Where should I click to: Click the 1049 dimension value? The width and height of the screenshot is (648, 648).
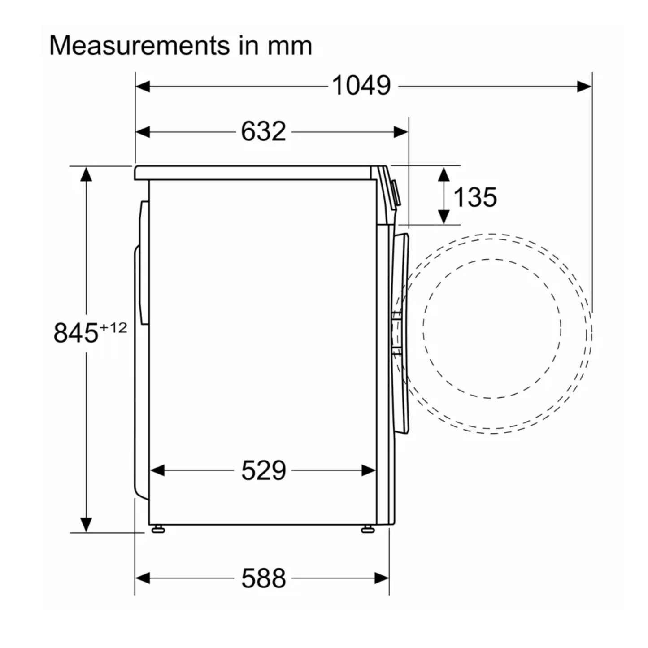[361, 86]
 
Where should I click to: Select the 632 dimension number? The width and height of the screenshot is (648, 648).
[263, 131]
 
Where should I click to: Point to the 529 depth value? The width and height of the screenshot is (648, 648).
[263, 470]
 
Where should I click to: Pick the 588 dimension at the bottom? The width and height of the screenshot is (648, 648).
[263, 578]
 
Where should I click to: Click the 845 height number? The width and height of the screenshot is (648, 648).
[76, 333]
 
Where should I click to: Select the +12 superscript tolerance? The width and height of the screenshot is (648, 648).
[113, 327]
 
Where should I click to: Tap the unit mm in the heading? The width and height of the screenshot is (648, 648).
[290, 47]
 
